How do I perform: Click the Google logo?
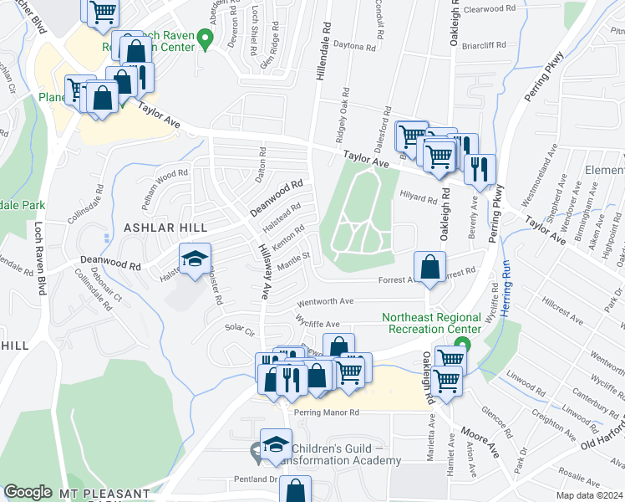(x=28, y=492)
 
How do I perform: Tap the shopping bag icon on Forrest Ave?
(x=429, y=268)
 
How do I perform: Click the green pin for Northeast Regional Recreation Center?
(x=467, y=344)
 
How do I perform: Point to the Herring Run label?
(x=505, y=289)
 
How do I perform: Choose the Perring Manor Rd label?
(x=325, y=412)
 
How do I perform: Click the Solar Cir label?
(x=238, y=331)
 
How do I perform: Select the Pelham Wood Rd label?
(x=165, y=187)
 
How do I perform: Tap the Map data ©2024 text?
(x=591, y=495)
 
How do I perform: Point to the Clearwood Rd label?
(x=490, y=8)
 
